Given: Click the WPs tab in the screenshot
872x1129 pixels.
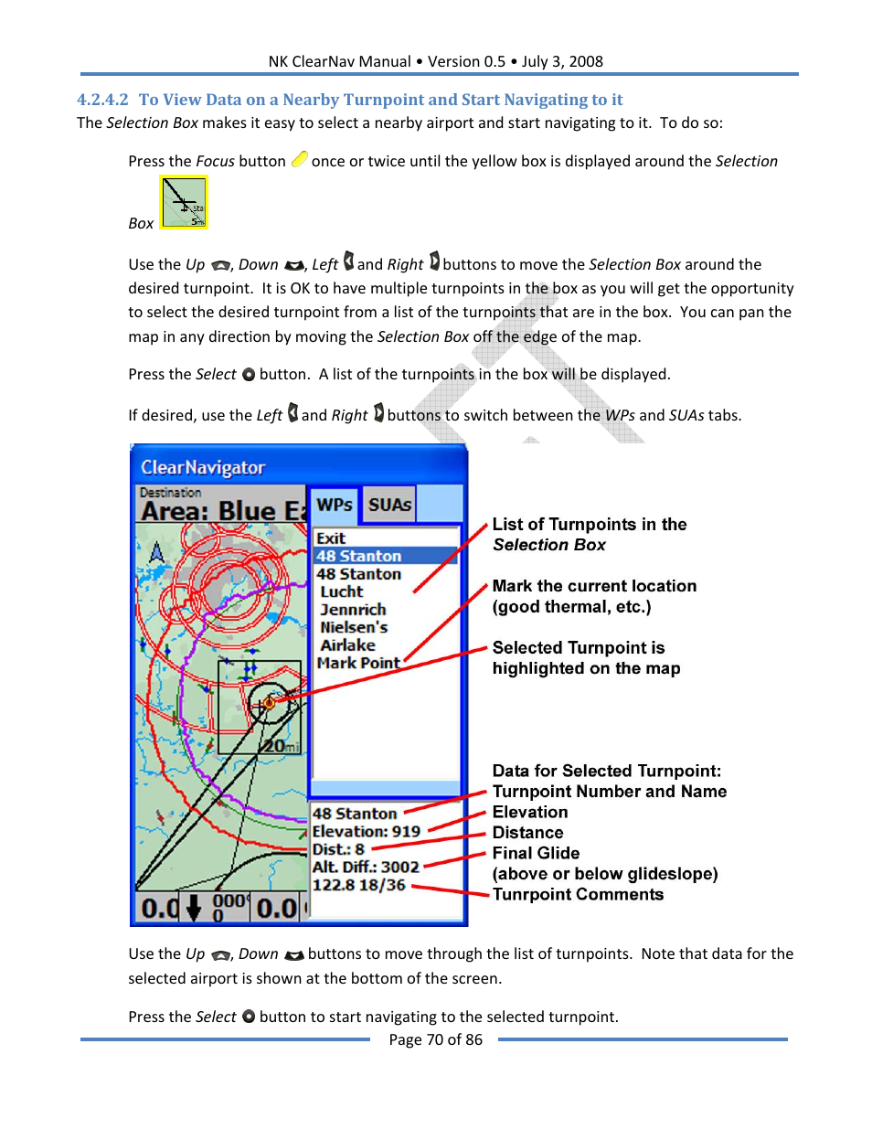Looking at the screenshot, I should tap(334, 505).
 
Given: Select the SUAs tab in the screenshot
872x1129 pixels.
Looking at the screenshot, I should tap(389, 505).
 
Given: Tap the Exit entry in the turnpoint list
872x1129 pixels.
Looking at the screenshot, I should tap(331, 538).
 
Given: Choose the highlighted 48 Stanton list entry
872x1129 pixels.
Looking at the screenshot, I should tap(359, 556).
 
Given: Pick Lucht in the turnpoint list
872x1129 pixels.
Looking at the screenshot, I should tap(342, 591).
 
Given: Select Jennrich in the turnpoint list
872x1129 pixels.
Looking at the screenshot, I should tap(353, 610).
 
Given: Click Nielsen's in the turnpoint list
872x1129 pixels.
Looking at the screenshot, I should tap(354, 627).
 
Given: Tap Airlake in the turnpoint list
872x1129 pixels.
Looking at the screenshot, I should tap(347, 645).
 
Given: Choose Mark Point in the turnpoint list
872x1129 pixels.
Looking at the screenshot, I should tap(358, 663).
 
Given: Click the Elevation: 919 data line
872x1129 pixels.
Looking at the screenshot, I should tap(366, 831).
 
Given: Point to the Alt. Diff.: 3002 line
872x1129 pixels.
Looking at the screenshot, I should tap(366, 867).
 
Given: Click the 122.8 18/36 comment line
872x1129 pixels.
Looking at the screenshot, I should tap(358, 885).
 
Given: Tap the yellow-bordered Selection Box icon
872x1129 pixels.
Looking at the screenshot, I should tap(184, 202).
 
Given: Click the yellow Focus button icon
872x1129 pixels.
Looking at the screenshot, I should tap(299, 160).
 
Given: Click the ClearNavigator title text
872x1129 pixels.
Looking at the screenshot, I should tap(203, 467).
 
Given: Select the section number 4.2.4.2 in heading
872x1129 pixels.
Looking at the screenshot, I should tap(102, 100).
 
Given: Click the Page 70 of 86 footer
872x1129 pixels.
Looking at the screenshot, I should tap(435, 1039).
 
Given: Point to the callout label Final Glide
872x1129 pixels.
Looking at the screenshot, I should tap(536, 853).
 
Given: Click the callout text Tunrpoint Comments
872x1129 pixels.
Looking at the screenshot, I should tap(578, 894).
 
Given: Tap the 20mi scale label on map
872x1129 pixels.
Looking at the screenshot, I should tap(281, 746).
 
